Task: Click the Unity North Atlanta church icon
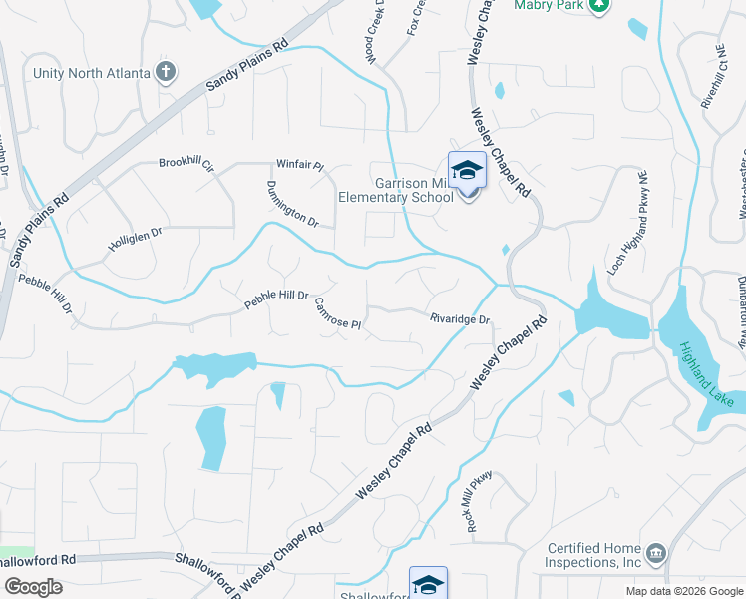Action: (167, 72)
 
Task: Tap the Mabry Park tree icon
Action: (598, 5)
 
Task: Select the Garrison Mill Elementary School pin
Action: (466, 172)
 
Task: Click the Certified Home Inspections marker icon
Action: (655, 553)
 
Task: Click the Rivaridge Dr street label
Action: (460, 319)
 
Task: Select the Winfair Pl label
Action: (300, 165)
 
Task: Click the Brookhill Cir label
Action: (186, 165)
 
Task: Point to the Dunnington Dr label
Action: (291, 204)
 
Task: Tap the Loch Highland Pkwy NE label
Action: (630, 223)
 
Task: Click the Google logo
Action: (33, 587)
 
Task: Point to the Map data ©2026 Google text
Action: (683, 591)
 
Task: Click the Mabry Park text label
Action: (548, 5)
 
